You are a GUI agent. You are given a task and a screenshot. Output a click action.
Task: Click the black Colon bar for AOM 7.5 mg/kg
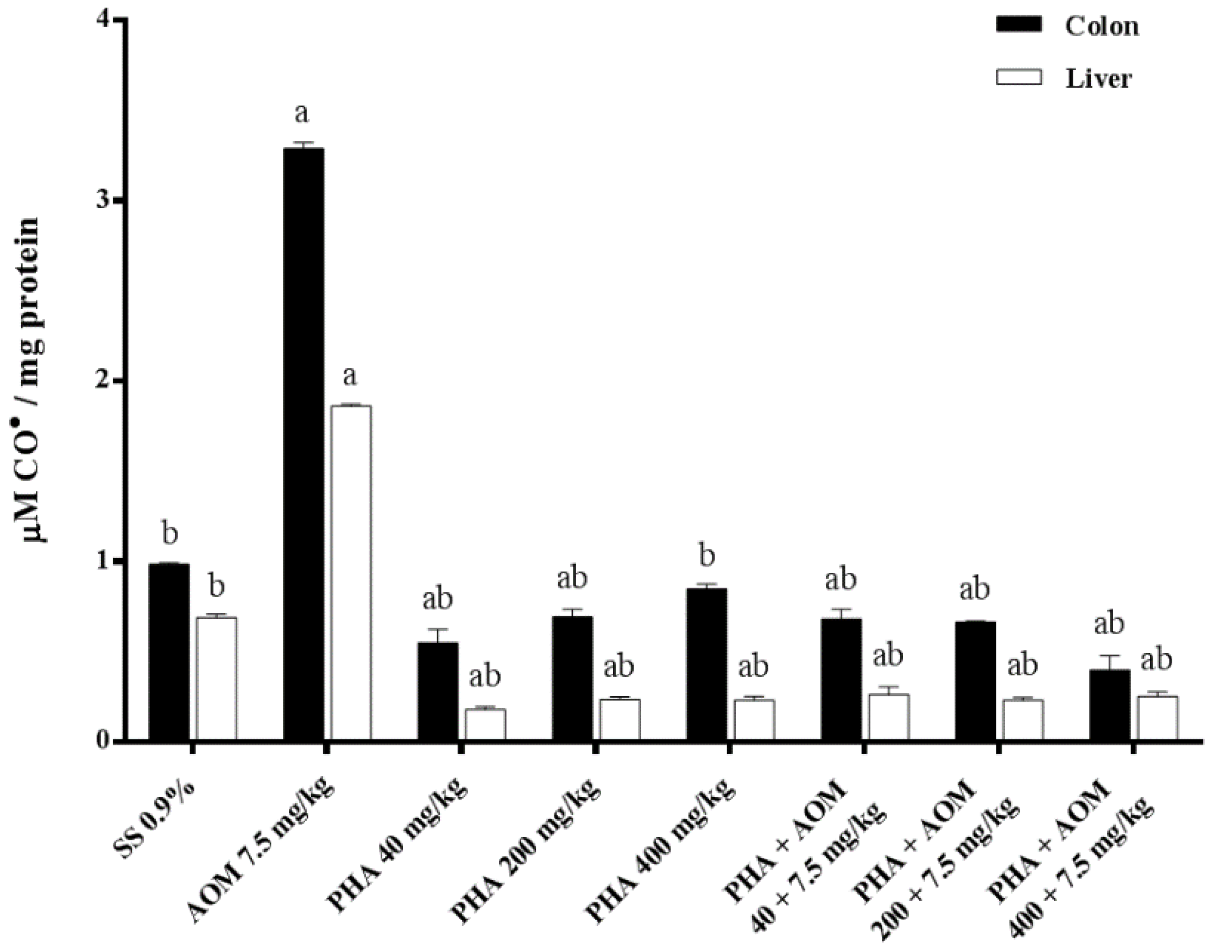click(x=304, y=445)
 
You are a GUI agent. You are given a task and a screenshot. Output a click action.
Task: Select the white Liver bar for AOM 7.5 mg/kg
click(x=351, y=572)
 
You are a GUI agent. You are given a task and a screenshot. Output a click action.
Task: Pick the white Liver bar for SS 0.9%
click(x=216, y=678)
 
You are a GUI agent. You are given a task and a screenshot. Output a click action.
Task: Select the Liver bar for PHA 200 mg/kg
click(x=620, y=719)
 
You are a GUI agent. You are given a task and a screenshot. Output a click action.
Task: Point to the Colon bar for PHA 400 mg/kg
click(x=706, y=664)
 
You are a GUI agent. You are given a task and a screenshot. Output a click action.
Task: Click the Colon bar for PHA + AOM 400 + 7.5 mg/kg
click(x=1110, y=705)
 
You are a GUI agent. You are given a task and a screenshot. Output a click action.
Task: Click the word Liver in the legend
click(x=1098, y=79)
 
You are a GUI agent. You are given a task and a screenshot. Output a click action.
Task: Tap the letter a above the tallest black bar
click(x=301, y=113)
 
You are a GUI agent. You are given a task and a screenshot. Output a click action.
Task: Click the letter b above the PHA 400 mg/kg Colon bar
click(x=706, y=556)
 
